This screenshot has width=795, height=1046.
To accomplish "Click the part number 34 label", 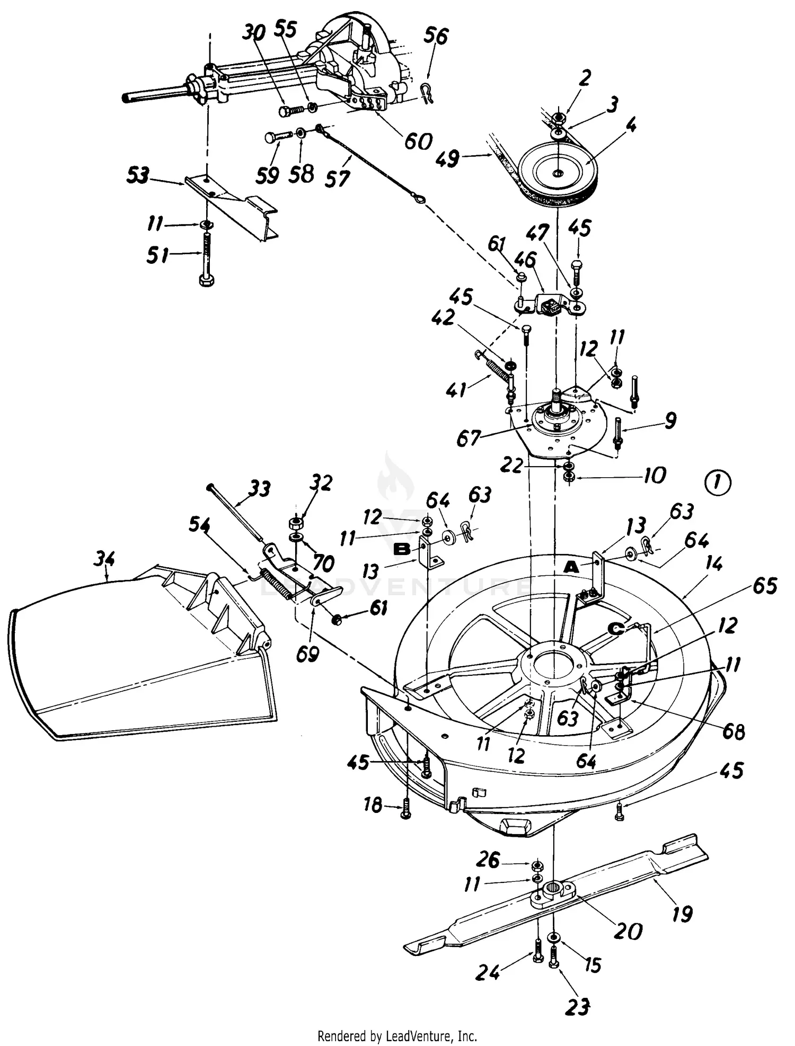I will click(105, 559).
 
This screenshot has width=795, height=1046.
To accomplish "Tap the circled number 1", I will click(719, 483).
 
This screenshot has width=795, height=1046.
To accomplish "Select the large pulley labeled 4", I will click(558, 173).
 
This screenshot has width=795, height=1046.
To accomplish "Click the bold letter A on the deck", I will click(571, 567).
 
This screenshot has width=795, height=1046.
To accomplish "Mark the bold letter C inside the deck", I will click(615, 629).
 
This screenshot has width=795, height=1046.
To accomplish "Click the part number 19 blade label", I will click(682, 914).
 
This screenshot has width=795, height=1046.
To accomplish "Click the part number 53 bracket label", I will click(138, 176).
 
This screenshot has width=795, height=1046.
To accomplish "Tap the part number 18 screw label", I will click(373, 805).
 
